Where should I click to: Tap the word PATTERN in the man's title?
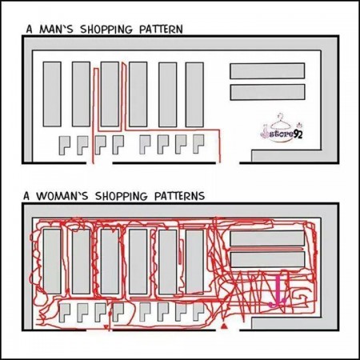(x=157, y=30)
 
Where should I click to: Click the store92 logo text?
(x=284, y=134)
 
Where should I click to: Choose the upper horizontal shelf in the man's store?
(x=267, y=70)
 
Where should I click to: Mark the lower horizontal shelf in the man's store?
(x=267, y=92)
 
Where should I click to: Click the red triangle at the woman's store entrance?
(x=226, y=326)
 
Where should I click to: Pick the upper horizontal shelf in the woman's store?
(x=267, y=238)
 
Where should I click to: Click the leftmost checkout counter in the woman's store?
(x=64, y=310)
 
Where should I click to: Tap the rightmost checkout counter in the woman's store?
(x=198, y=310)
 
